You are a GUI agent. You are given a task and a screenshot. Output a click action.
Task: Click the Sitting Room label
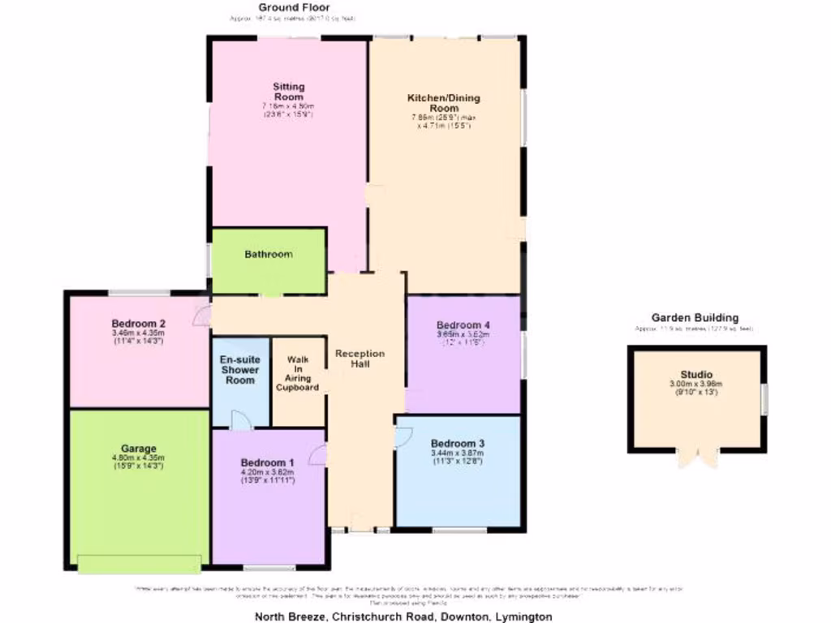click(288, 92)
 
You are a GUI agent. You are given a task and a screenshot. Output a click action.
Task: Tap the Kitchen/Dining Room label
click(443, 103)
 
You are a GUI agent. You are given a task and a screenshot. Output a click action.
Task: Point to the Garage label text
click(139, 449)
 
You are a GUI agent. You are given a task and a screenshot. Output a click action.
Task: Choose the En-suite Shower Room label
click(240, 369)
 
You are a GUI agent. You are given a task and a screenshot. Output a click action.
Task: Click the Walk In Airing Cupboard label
click(298, 373)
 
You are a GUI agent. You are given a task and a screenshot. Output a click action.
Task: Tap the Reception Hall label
click(360, 359)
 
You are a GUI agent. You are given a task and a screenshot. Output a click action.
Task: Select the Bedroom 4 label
click(463, 325)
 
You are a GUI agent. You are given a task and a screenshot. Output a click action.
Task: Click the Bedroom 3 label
click(458, 444)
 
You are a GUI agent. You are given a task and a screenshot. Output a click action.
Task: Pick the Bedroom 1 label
click(268, 463)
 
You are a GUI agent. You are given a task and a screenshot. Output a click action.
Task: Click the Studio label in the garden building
click(697, 375)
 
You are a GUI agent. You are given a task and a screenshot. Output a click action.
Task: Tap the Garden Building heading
click(695, 318)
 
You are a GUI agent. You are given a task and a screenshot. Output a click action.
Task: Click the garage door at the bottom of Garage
click(139, 563)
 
